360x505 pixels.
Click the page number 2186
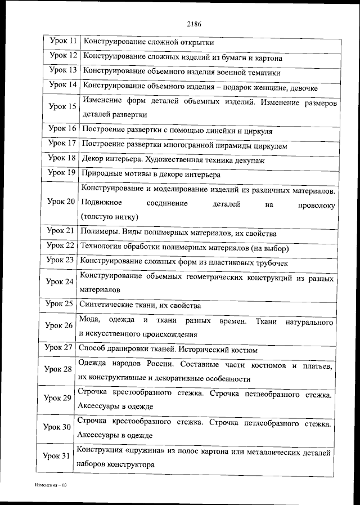pos(193,24)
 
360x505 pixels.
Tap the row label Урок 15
pos(61,106)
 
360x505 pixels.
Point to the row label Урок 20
pos(61,201)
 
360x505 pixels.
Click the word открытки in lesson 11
pos(197,42)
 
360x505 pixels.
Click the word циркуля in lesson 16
pos(258,131)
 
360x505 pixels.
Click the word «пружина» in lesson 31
pos(141,452)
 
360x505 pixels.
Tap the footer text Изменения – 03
pos(51,484)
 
